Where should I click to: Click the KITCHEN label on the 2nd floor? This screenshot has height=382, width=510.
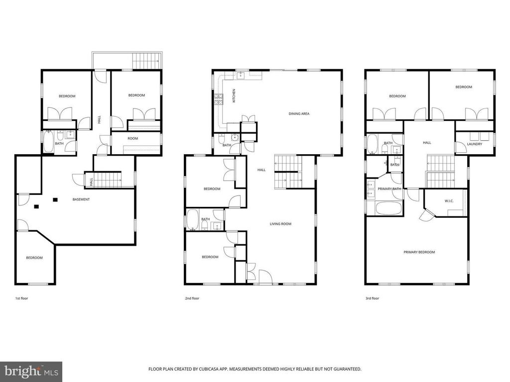(x=234, y=96)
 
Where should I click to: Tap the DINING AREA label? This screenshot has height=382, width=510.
(x=299, y=114)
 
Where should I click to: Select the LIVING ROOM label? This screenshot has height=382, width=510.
(x=280, y=224)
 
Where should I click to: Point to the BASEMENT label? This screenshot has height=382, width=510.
(x=81, y=199)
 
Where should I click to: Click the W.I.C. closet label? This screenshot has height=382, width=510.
(x=449, y=201)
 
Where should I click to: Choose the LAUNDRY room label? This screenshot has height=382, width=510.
(x=475, y=144)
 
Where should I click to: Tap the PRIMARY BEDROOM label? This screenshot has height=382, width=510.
(x=419, y=252)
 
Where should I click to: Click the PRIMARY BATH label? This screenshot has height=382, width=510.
(x=389, y=189)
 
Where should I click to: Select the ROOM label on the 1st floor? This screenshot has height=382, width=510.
(x=132, y=138)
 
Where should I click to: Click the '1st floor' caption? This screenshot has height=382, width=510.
(x=22, y=298)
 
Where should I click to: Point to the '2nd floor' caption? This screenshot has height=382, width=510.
(x=192, y=298)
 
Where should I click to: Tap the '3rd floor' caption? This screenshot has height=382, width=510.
(x=373, y=298)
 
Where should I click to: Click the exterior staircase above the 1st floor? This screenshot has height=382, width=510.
(x=147, y=60)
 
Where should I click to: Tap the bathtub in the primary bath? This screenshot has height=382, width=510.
(x=389, y=208)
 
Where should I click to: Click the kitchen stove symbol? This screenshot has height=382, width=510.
(x=218, y=99)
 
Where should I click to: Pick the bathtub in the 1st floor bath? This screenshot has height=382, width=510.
(x=49, y=141)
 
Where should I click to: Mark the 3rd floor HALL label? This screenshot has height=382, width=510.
(x=427, y=143)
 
